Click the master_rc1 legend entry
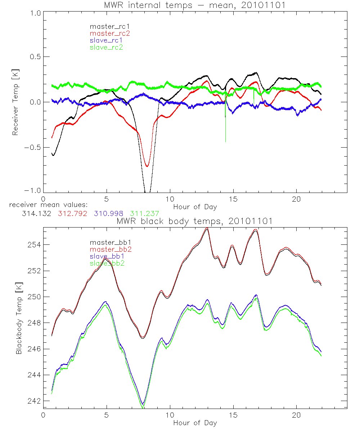coord(107,26)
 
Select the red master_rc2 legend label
coord(109,33)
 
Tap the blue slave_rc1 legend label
coord(106,40)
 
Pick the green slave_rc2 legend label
coord(106,47)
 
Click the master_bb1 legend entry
coord(107,243)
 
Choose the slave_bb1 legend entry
coord(107,257)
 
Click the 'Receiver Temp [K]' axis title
coord(15,102)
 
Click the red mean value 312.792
coord(71,213)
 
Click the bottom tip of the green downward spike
coord(225,142)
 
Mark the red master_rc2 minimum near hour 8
coord(147,166)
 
